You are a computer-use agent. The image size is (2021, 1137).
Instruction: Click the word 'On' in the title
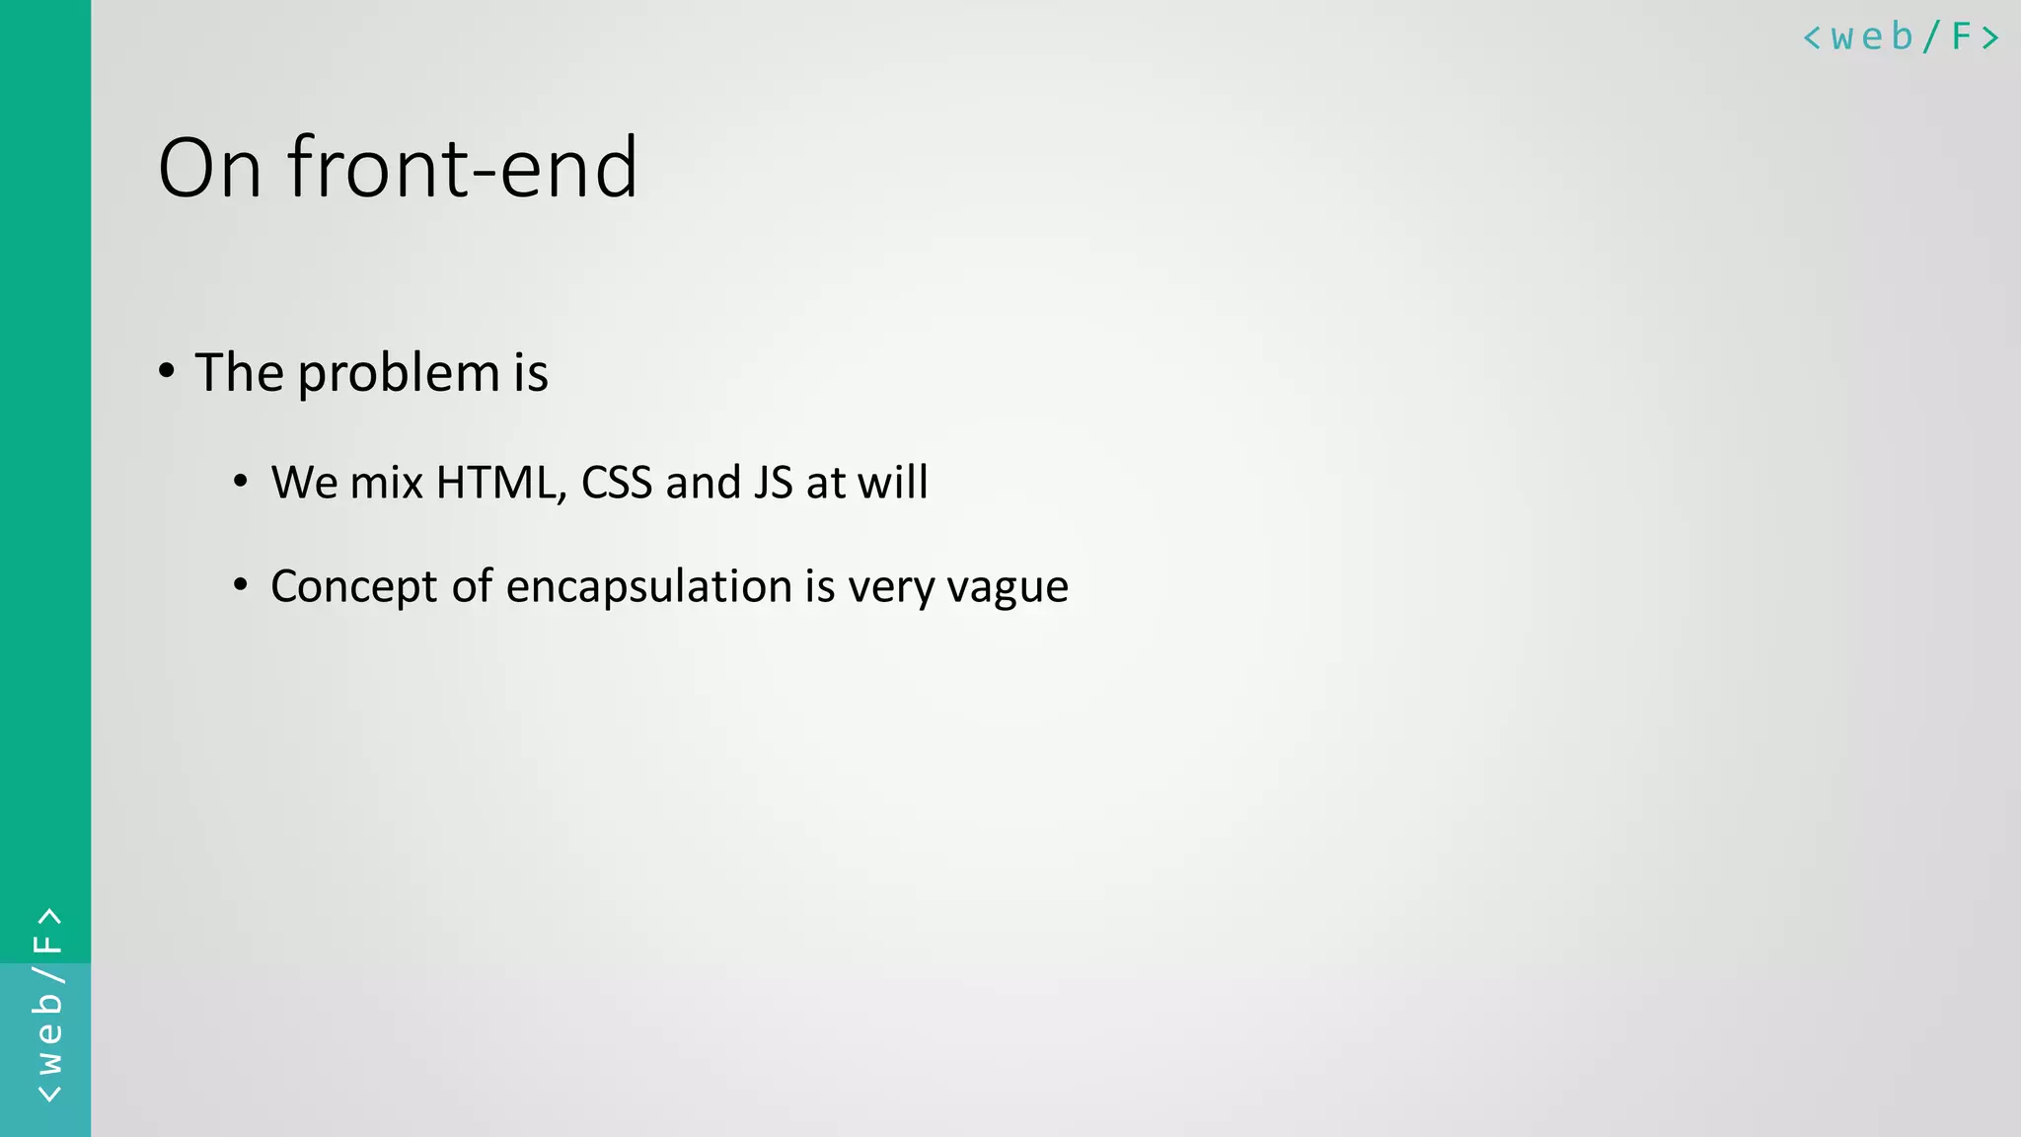click(209, 168)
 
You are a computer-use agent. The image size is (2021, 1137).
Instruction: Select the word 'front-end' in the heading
click(463, 168)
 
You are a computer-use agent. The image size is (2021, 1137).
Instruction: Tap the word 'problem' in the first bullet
click(399, 374)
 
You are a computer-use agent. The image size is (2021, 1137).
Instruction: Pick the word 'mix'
click(387, 483)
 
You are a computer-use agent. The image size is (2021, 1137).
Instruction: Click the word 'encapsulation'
click(648, 586)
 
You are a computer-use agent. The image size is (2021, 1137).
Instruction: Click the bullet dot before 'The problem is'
click(167, 371)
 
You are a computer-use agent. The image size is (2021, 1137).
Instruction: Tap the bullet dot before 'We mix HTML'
click(241, 482)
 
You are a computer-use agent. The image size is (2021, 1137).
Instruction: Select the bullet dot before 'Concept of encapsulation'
click(241, 585)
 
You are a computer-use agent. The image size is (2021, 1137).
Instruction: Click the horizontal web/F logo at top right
click(1901, 38)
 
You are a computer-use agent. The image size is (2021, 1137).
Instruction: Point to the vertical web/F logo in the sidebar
click(47, 1005)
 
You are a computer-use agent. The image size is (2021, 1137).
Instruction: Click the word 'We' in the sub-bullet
click(305, 483)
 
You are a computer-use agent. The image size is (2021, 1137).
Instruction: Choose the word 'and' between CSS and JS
click(703, 483)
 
